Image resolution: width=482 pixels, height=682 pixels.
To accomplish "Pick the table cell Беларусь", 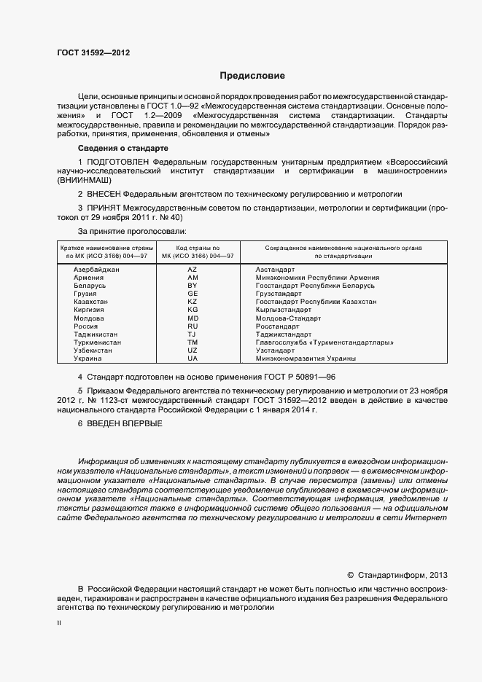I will [90, 286].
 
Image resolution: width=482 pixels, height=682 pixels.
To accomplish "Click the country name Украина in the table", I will [88, 358].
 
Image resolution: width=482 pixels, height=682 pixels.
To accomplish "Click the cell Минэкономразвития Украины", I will [306, 358].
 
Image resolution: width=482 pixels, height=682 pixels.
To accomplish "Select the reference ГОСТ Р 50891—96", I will [301, 377].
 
